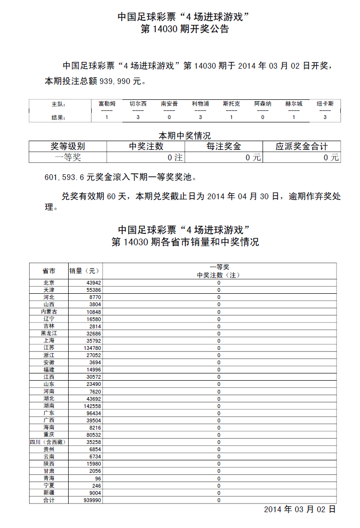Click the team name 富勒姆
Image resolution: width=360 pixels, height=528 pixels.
pos(107,103)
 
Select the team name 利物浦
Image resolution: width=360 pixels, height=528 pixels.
pos(200,103)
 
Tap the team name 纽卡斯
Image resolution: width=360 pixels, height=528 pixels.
pos(325,103)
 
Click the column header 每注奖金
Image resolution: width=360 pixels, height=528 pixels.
pos(224,146)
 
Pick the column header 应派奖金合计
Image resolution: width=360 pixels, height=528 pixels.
pos(301,146)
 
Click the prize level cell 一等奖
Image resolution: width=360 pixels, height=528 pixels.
pos(68,157)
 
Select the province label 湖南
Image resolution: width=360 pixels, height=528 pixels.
pos(49,406)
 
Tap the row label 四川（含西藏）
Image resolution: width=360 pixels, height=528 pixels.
pos(49,442)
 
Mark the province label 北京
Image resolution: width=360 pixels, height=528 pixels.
pos(49,283)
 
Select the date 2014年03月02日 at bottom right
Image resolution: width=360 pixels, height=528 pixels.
pos(300,509)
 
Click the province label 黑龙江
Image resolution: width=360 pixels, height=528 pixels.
pos(49,333)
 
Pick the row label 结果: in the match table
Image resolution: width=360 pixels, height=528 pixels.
pos(58,117)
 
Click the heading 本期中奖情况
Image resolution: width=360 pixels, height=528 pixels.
pos(184,136)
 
